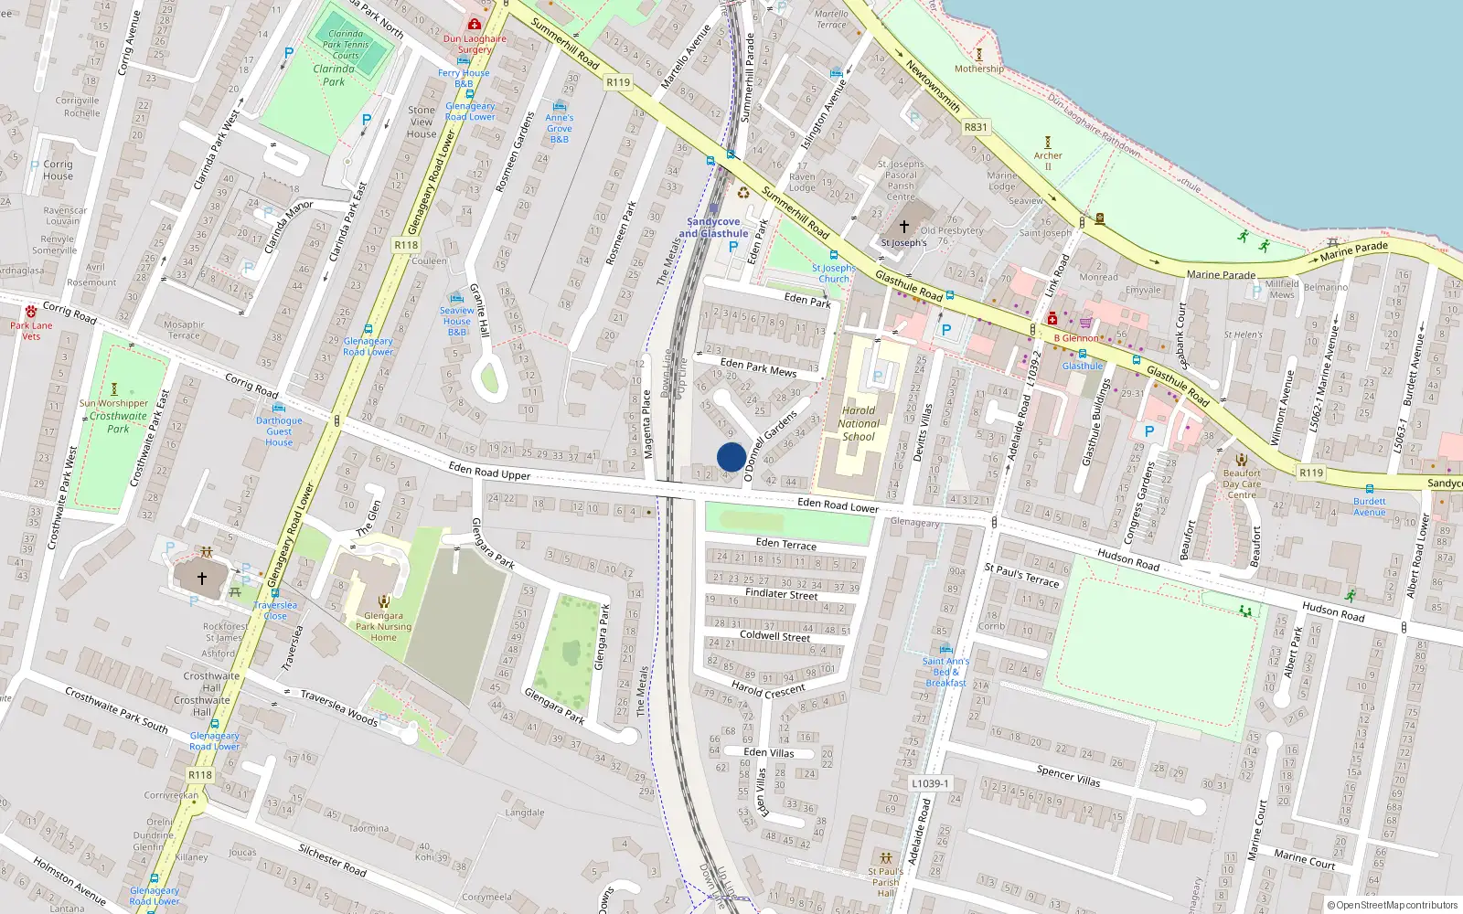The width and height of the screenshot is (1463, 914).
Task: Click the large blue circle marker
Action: [731, 457]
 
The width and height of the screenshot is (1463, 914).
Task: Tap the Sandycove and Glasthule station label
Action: [713, 228]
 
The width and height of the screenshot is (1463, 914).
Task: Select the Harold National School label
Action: [858, 423]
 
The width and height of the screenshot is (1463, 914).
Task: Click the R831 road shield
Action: [976, 127]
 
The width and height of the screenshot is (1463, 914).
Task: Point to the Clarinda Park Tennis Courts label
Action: [346, 44]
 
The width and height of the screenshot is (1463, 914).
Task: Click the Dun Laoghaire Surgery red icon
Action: [474, 25]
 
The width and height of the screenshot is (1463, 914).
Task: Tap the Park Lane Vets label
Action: [31, 331]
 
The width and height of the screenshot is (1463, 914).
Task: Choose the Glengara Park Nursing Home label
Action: [383, 626]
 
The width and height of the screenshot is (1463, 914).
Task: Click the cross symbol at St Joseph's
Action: [903, 226]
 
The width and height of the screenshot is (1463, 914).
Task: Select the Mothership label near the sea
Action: [978, 69]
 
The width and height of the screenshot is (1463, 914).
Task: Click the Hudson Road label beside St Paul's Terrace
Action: [1128, 559]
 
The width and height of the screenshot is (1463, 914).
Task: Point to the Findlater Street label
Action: [781, 593]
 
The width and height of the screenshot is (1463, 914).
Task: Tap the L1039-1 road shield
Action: [930, 783]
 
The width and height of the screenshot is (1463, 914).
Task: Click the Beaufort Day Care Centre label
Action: [1241, 484]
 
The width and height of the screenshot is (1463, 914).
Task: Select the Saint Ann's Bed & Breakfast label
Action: [945, 672]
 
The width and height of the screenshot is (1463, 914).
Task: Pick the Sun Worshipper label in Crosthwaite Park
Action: [113, 403]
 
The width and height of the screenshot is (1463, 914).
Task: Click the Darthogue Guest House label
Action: [279, 431]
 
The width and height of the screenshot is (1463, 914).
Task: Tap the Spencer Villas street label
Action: [1068, 776]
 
